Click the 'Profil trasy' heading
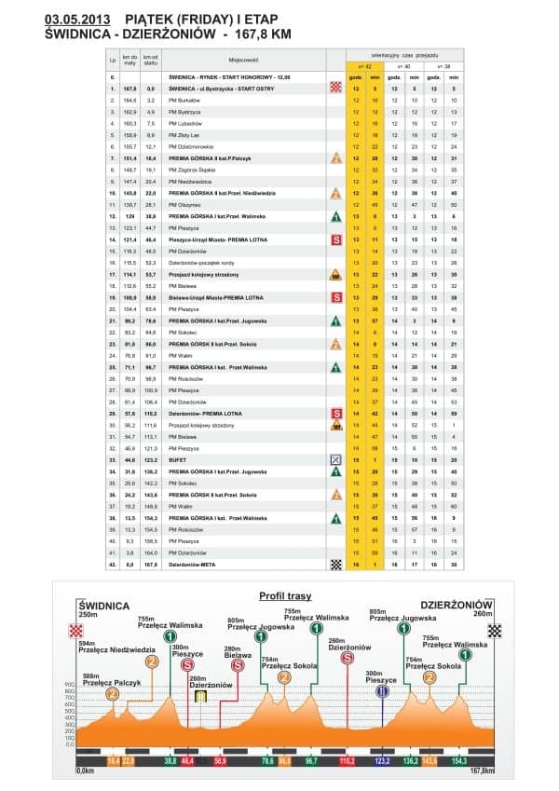coord(286,596)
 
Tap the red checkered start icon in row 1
coord(335,87)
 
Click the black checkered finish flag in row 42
coord(335,565)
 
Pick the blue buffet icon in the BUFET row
coord(335,460)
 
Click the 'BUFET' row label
coord(178,460)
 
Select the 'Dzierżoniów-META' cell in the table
coord(192,565)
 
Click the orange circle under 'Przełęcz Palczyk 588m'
coord(113,694)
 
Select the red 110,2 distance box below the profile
coord(348,761)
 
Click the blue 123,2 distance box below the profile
coord(381,761)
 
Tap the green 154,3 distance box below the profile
coord(457,761)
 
